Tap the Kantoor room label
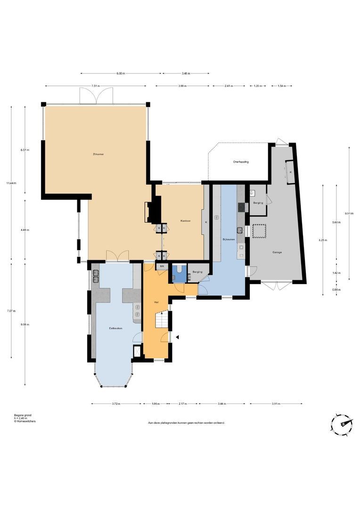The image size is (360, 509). coord(185,221)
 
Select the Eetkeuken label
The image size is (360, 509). coord(110,328)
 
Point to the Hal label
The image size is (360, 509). coord(156,302)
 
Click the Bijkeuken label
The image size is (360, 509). coord(229,240)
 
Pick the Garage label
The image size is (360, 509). coord(277,252)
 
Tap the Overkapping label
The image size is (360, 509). coord(240,162)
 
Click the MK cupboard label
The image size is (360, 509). coord(162,267)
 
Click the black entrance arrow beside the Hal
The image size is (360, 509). coord(178,337)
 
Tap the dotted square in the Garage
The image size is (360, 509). coord(259,231)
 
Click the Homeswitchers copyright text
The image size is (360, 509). coord(25,421)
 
